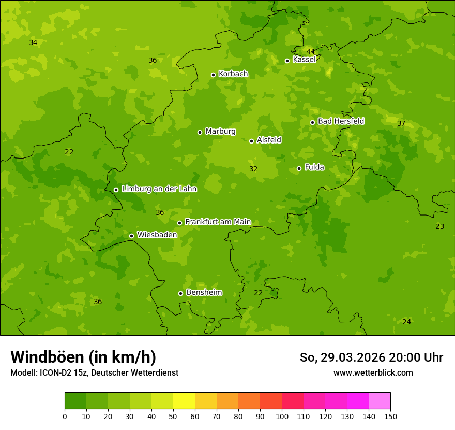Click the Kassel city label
coord(304,60)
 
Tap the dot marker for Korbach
coord(213,75)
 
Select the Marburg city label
coord(220,132)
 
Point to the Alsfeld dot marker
coord(251,141)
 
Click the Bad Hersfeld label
coord(341,121)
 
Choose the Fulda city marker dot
coord(299,168)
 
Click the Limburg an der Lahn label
coord(159,189)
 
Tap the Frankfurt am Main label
coord(218,222)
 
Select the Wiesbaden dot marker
coord(131,236)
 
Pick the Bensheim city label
coord(204,293)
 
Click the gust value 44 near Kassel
coord(311,51)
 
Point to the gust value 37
coord(401,123)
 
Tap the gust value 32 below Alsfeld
coord(253,169)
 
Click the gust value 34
coord(33,42)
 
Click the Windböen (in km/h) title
coord(83,357)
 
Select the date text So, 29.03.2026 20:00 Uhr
coord(371,357)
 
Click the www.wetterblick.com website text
coord(373,372)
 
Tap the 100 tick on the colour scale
coord(282,416)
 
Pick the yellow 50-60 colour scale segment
coord(184,401)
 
